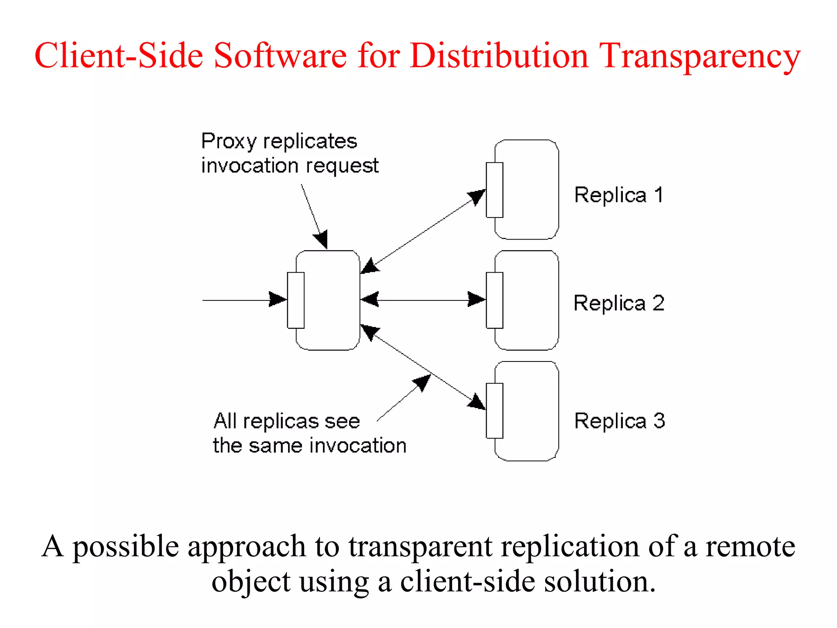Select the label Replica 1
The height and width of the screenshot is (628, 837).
pyautogui.click(x=619, y=195)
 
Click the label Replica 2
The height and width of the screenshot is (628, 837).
pyautogui.click(x=619, y=303)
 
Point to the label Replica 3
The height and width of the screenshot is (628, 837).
pyautogui.click(x=620, y=421)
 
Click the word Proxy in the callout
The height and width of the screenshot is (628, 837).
pyautogui.click(x=228, y=142)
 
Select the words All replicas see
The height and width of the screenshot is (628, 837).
pyautogui.click(x=286, y=421)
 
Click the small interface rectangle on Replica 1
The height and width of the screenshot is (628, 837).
pyautogui.click(x=495, y=190)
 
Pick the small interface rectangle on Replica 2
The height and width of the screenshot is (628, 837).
pyautogui.click(x=495, y=300)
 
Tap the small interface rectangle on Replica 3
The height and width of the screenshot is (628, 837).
pyautogui.click(x=495, y=410)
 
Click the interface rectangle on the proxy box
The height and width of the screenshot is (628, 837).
pyautogui.click(x=295, y=300)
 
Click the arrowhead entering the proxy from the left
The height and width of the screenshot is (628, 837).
pyautogui.click(x=278, y=299)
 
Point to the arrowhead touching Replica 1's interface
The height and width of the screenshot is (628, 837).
pyautogui.click(x=477, y=197)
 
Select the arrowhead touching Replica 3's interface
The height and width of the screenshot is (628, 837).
pyautogui.click(x=477, y=402)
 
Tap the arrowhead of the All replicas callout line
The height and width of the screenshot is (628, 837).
pyautogui.click(x=423, y=382)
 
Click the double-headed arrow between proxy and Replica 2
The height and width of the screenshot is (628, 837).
pyautogui.click(x=423, y=300)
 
